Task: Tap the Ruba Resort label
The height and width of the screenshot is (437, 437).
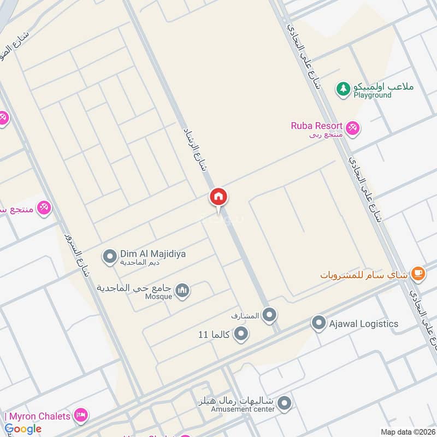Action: pyautogui.click(x=316, y=126)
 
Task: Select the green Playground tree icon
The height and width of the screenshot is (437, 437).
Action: pyautogui.click(x=343, y=88)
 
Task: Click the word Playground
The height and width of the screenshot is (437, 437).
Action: pyautogui.click(x=372, y=95)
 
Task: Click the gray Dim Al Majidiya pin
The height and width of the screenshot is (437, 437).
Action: pyautogui.click(x=110, y=255)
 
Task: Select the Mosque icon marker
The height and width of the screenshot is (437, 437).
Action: pyautogui.click(x=183, y=290)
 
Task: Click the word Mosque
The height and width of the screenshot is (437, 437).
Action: pyautogui.click(x=158, y=297)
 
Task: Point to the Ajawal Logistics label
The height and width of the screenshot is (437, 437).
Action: pyautogui.click(x=363, y=323)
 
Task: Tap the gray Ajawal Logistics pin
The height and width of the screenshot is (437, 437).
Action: pyautogui.click(x=318, y=323)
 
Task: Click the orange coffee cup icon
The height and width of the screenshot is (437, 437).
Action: pyautogui.click(x=418, y=273)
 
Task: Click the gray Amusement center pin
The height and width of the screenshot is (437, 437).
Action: pyautogui.click(x=284, y=404)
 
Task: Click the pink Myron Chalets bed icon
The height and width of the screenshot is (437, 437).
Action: pyautogui.click(x=81, y=416)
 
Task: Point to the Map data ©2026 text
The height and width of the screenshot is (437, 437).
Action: pyautogui.click(x=407, y=432)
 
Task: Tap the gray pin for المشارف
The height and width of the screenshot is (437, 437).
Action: pyautogui.click(x=269, y=315)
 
